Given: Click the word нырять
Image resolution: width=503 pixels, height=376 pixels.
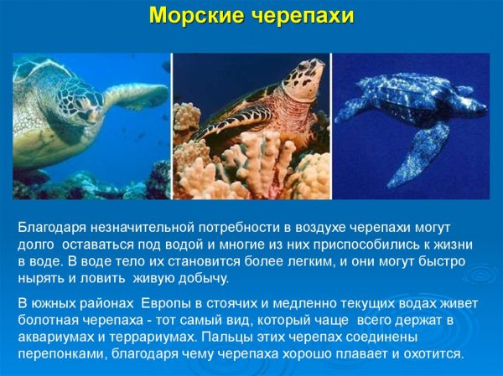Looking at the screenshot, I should tap(42, 279).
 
